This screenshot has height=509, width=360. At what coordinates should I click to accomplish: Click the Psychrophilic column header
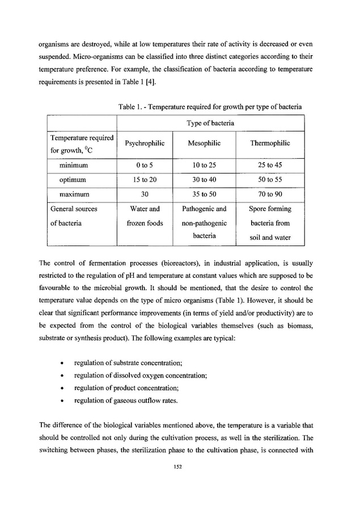tap(145, 143)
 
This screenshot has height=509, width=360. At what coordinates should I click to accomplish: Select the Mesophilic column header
tap(204, 143)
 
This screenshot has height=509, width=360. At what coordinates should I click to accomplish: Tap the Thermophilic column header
tap(270, 143)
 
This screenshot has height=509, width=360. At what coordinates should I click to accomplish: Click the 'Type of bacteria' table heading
tap(210, 122)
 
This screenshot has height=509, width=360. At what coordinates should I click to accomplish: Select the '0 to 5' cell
tap(145, 165)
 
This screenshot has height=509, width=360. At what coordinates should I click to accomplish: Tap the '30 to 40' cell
tap(204, 180)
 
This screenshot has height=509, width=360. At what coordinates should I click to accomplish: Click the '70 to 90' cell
tap(270, 194)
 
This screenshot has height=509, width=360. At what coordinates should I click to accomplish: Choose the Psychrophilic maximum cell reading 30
tap(145, 194)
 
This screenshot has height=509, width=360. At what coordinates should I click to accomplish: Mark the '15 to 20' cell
tap(145, 180)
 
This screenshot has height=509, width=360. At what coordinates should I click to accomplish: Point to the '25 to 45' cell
tap(270, 165)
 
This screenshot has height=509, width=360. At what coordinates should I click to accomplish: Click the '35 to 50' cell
tap(204, 194)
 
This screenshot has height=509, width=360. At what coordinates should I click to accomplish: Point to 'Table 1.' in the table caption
tap(131, 107)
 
